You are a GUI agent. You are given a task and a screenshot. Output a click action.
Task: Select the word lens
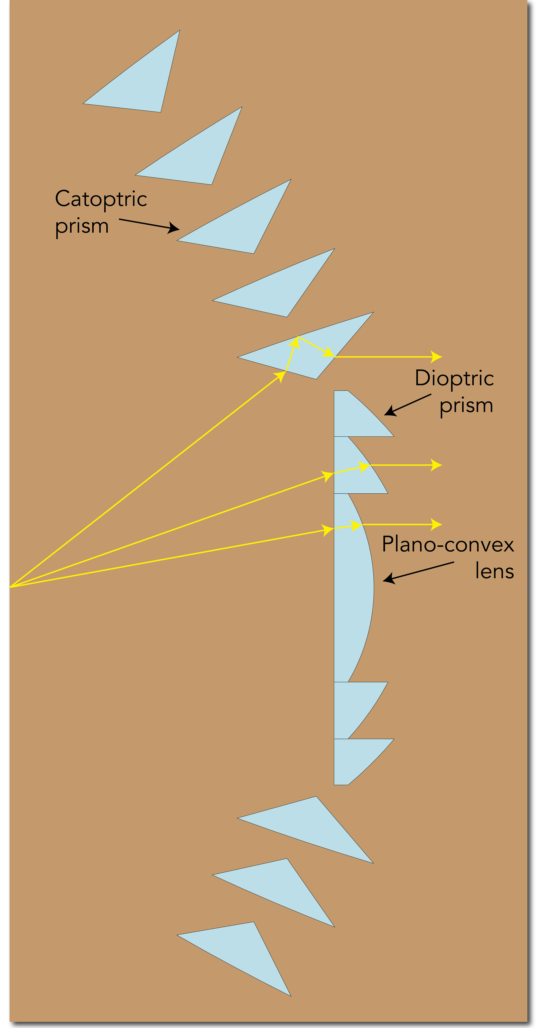click(494, 571)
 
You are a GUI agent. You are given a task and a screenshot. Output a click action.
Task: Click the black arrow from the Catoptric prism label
click(149, 224)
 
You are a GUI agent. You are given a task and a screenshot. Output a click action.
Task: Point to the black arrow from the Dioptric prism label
click(407, 405)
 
